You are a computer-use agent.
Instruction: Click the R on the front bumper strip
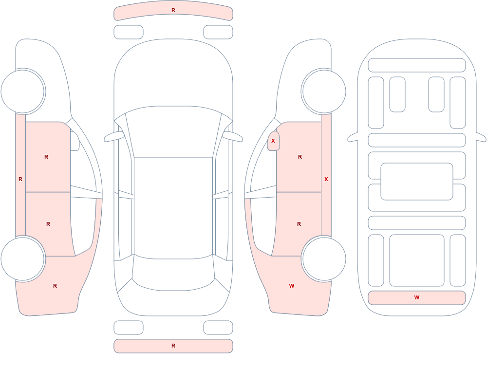tap(173, 10)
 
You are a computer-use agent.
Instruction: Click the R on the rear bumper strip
tap(173, 346)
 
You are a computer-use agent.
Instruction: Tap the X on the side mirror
tap(273, 141)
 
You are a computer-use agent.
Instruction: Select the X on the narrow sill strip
tap(326, 179)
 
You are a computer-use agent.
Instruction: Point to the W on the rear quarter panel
tap(292, 286)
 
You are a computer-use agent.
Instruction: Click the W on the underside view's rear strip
tap(417, 297)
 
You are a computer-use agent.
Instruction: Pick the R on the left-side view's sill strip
tap(20, 179)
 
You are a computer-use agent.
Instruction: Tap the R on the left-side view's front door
tap(46, 157)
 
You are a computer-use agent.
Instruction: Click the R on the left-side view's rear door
tap(48, 224)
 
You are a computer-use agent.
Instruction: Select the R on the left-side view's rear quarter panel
tap(55, 286)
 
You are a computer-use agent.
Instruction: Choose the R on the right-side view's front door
tap(300, 157)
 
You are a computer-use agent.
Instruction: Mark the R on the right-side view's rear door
tap(299, 224)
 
